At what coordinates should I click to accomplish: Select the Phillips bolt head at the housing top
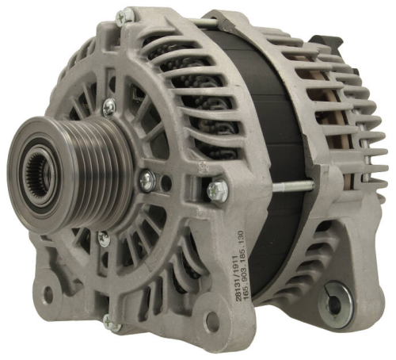coord(124,15)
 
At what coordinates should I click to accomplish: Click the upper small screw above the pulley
coord(109,105)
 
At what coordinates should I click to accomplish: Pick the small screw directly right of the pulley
coord(147,180)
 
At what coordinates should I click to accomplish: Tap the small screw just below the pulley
coord(102,236)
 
